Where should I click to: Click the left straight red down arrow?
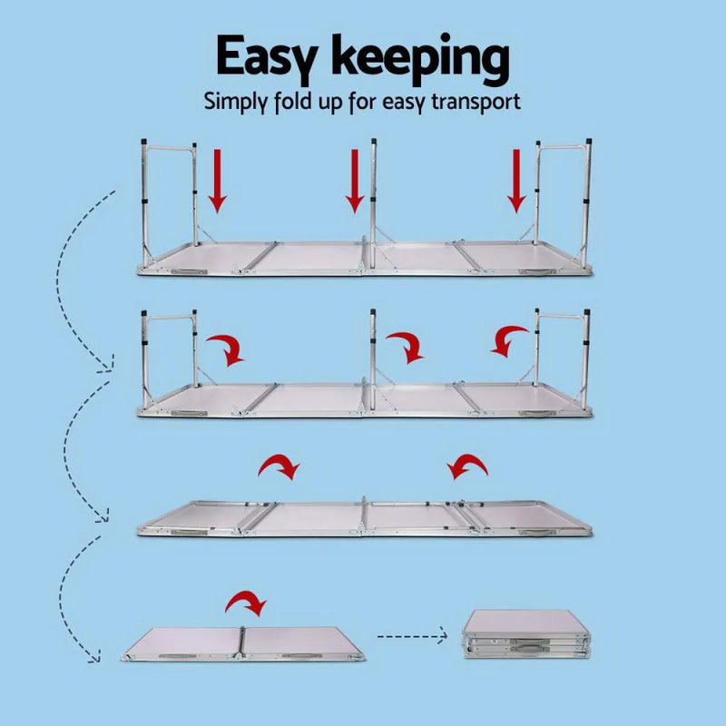[217, 180]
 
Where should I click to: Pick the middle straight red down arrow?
[355, 180]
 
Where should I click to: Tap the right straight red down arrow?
[516, 180]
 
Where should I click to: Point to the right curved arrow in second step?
[509, 340]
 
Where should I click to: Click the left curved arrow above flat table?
[280, 466]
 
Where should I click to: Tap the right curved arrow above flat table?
[467, 466]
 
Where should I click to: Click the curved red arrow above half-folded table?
[246, 603]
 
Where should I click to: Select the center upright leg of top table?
[373, 204]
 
